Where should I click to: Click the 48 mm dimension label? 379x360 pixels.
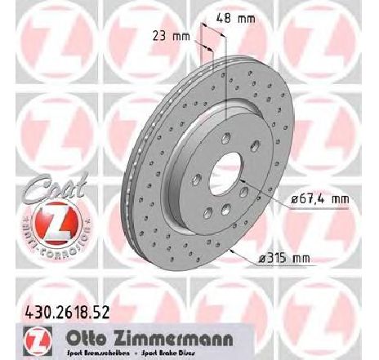(x=243, y=16)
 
